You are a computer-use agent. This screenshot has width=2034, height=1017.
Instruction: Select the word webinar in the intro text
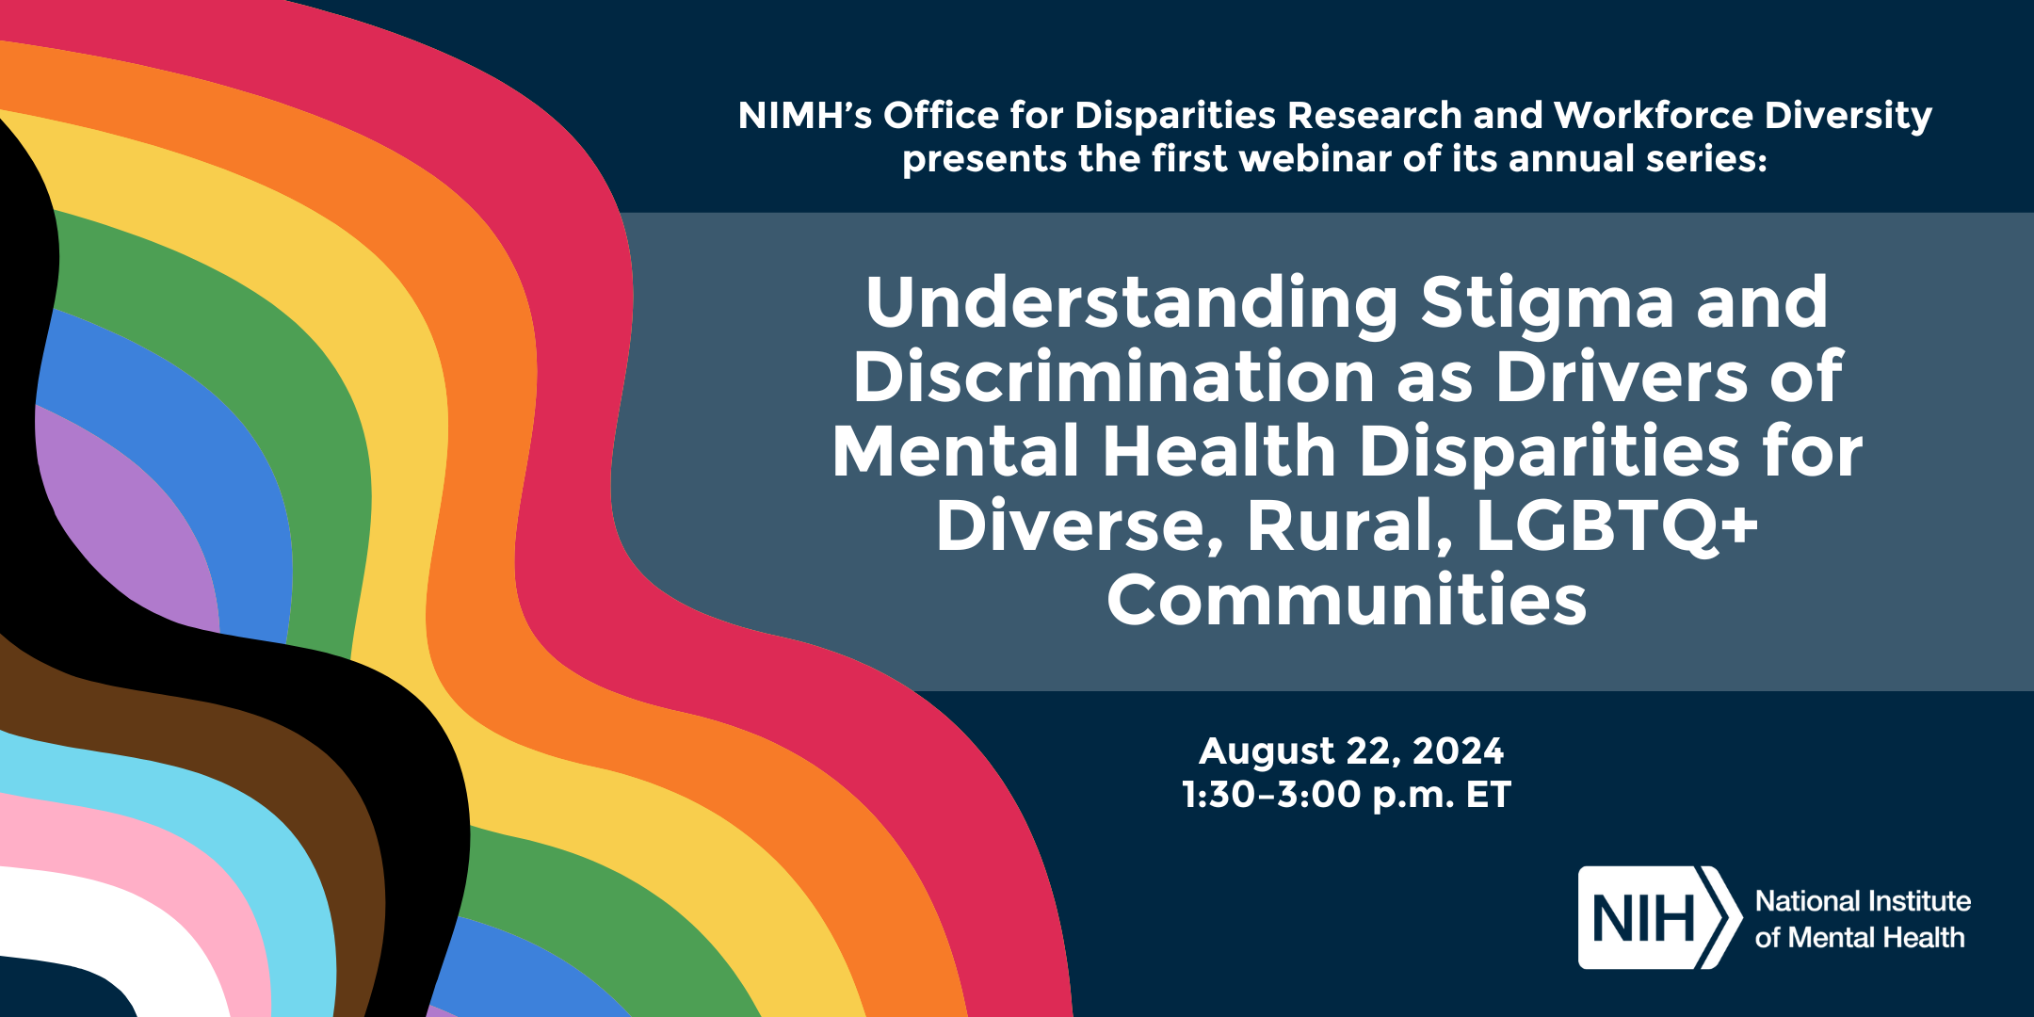pos(1316,158)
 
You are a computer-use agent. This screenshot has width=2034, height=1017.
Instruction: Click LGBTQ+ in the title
pos(1617,525)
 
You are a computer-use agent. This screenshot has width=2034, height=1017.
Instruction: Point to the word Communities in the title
pos(1347,600)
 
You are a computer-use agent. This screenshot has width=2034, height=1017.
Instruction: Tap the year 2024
pos(1458,751)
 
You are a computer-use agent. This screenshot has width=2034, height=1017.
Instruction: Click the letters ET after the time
pos(1488,795)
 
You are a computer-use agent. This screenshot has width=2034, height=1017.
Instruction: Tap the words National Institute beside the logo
pos(1863,901)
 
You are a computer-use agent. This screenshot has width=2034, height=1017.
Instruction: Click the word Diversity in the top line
pos(1848,117)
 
